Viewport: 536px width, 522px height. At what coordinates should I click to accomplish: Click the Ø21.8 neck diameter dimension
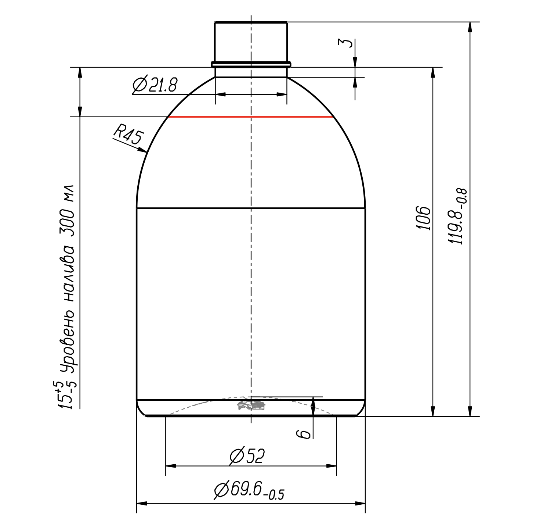click(x=155, y=84)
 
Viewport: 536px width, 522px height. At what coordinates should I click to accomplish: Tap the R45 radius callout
click(x=129, y=134)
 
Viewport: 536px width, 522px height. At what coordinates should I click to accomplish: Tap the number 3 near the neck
click(x=345, y=43)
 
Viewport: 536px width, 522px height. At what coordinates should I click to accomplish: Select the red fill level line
click(x=251, y=117)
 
